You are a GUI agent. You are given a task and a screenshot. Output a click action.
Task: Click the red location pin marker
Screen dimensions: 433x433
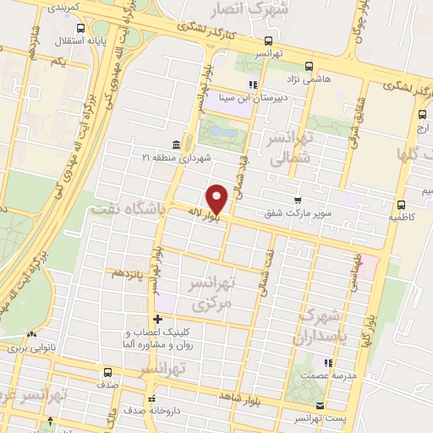tap(217, 199)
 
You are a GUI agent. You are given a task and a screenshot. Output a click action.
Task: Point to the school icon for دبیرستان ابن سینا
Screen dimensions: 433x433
tap(251, 85)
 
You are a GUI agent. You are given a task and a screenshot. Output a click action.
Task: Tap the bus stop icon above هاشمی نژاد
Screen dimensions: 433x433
tap(309, 64)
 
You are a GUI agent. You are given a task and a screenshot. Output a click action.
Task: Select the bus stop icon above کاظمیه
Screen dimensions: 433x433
tap(401, 204)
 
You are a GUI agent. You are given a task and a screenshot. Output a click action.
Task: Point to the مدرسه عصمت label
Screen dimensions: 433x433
tap(332, 374)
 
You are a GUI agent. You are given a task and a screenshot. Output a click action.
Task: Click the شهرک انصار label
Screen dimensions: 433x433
tap(282, 10)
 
